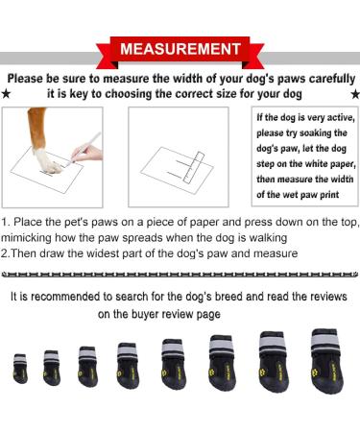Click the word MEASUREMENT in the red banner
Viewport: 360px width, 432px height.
pyautogui.click(x=180, y=49)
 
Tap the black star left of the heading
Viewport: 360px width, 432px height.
pyautogui.click(x=6, y=94)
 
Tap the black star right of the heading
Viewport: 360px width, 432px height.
pyautogui.click(x=355, y=94)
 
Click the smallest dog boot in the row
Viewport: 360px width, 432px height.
pyautogui.click(x=20, y=369)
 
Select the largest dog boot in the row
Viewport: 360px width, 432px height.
pyautogui.click(x=327, y=361)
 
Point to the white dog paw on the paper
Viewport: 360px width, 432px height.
pyautogui.click(x=47, y=160)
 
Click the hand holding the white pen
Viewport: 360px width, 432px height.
pyautogui.click(x=87, y=153)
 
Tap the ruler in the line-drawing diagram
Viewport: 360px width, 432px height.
pyautogui.click(x=194, y=167)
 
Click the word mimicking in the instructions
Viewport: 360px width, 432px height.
pyautogui.click(x=26, y=238)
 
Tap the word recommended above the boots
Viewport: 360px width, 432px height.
pyautogui.click(x=65, y=297)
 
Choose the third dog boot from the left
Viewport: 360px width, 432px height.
pyautogui.click(x=87, y=367)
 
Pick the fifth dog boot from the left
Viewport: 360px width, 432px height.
pyautogui.click(x=174, y=364)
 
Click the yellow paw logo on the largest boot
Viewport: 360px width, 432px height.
pyautogui.click(x=315, y=372)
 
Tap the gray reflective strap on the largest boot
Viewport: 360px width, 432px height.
pyautogui.click(x=325, y=344)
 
